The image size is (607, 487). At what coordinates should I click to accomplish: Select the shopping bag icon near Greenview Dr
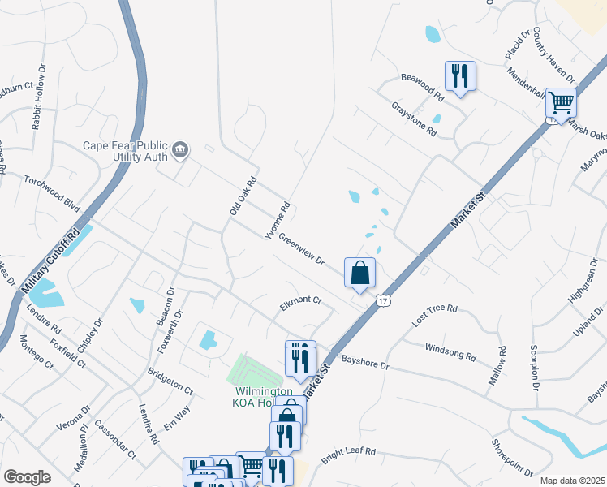[x=359, y=273]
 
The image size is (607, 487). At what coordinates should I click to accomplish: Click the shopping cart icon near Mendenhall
[x=561, y=103]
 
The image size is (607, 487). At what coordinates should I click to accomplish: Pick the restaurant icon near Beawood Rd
[x=460, y=76]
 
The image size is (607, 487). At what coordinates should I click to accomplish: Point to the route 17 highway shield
[x=383, y=301]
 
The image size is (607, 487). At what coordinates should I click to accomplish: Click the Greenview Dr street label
[x=301, y=250]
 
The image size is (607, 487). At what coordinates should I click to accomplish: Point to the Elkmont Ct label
[x=300, y=300]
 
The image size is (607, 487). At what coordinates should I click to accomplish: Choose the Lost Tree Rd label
[x=435, y=315]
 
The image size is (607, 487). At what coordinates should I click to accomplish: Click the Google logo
[x=27, y=477]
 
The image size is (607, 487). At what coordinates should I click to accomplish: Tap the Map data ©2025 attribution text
[x=571, y=481]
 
